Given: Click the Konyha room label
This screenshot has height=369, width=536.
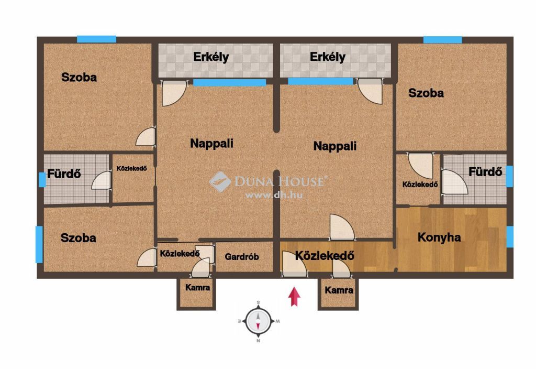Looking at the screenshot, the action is [439, 237].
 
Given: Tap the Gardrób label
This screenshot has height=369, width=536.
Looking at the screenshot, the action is [242, 257].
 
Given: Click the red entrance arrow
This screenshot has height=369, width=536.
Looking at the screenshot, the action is [294, 297].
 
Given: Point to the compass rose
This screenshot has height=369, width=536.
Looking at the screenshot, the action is [259, 321].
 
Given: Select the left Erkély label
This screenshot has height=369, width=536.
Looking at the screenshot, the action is [211, 57].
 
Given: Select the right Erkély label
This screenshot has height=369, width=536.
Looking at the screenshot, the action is [328, 57].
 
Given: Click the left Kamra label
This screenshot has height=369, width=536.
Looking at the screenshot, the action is [197, 288].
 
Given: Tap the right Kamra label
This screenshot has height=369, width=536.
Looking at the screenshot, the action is [339, 290].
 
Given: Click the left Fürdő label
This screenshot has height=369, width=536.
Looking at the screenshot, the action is [64, 174].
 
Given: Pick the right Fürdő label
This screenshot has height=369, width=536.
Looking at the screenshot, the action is [485, 171].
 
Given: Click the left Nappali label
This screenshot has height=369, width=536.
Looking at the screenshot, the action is [211, 143].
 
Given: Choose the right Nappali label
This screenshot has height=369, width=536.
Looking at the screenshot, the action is [334, 146].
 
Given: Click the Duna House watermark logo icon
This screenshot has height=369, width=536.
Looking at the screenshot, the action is [220, 181].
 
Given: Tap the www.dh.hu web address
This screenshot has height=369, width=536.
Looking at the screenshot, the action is [274, 195].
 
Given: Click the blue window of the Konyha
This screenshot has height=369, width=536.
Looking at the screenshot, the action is [510, 236].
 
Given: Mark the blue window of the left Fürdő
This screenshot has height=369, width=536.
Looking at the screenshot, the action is [42, 180].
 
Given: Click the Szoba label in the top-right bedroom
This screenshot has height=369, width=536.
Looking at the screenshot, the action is [426, 93].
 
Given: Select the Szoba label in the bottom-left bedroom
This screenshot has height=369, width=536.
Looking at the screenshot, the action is [79, 238].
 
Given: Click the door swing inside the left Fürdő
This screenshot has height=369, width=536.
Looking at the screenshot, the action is [101, 180].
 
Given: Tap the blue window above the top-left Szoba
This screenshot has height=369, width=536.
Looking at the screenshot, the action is [96, 39].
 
